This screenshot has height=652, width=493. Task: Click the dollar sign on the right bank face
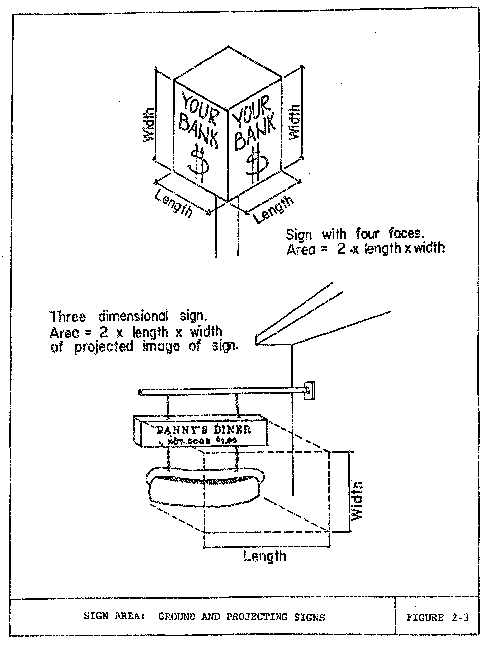coord(257,162)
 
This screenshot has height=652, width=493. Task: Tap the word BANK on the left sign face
coord(199,131)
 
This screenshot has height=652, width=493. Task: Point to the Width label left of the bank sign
coord(148,125)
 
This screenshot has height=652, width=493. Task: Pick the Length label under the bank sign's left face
coord(173,203)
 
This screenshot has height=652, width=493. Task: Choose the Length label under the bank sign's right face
coord(273,210)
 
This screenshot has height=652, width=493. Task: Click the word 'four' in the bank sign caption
coord(368,234)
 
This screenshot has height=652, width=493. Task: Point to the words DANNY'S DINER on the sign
coord(203,430)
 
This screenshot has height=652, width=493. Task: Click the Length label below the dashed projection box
coord(264,557)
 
